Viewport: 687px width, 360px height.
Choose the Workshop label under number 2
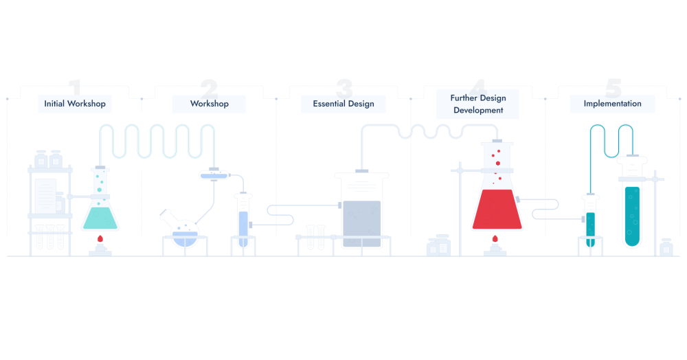[209, 104]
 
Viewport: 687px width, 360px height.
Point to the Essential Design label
[343, 104]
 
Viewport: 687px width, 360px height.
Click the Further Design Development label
[478, 104]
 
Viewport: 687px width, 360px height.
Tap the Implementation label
[612, 104]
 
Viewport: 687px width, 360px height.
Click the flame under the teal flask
[100, 239]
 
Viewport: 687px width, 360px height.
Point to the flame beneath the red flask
[495, 239]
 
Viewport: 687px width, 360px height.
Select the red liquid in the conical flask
[497, 212]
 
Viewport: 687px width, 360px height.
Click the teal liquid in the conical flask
[100, 218]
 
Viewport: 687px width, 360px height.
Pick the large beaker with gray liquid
[361, 213]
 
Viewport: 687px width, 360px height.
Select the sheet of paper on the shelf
[45, 195]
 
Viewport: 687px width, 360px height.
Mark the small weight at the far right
[666, 247]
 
